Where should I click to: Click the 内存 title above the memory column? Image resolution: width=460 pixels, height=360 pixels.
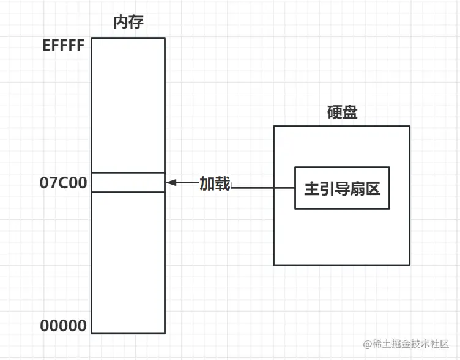pyautogui.click(x=128, y=23)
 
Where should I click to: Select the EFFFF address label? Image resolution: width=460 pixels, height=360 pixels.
pyautogui.click(x=64, y=46)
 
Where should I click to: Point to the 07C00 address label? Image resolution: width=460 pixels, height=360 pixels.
pyautogui.click(x=64, y=182)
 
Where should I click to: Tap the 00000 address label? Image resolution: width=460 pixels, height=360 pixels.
pyautogui.click(x=64, y=326)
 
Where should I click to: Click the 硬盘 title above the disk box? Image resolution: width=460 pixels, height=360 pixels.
pyautogui.click(x=342, y=112)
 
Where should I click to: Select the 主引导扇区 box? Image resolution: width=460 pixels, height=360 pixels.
pyautogui.click(x=342, y=188)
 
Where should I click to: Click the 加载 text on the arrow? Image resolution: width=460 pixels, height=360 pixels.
pyautogui.click(x=215, y=183)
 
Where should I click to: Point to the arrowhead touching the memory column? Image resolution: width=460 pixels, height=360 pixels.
pyautogui.click(x=171, y=182)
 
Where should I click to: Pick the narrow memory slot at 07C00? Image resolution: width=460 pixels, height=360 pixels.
pyautogui.click(x=128, y=182)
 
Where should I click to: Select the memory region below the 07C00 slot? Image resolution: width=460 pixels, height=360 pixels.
pyautogui.click(x=128, y=263)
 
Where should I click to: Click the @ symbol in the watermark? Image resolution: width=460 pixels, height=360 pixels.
pyautogui.click(x=368, y=344)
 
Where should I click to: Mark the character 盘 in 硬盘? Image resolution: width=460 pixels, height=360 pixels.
pyautogui.click(x=350, y=112)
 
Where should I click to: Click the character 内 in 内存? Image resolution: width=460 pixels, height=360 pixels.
pyautogui.click(x=121, y=23)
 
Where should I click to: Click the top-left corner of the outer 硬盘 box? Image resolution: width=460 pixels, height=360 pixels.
pyautogui.click(x=273, y=127)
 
